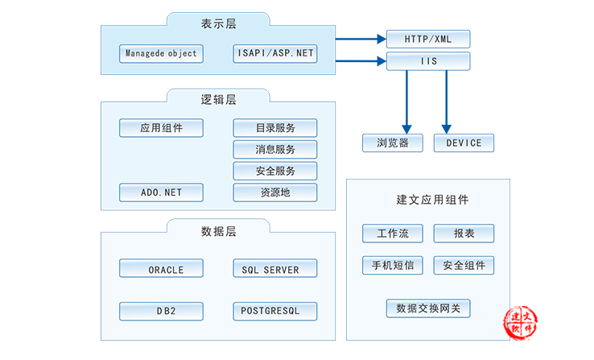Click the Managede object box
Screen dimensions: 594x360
[x=162, y=53]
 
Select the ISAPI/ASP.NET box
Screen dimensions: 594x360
[x=275, y=53]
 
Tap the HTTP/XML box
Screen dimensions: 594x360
[x=428, y=39]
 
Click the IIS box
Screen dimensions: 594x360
[x=428, y=61]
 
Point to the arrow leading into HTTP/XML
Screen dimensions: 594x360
[x=361, y=39]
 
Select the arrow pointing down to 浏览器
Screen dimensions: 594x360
[x=406, y=102]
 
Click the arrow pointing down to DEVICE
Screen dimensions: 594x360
[x=447, y=102]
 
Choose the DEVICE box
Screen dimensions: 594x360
[x=464, y=143]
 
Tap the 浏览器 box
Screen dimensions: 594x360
[x=393, y=143]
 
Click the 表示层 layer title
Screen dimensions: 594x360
[x=219, y=24]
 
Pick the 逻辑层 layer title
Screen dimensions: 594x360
[x=219, y=100]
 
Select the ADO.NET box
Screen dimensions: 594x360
[x=162, y=192]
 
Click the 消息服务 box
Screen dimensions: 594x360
[x=275, y=149]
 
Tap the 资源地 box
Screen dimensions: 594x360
[x=275, y=192]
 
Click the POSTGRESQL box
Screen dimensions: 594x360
[x=275, y=312]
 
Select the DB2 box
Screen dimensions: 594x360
[x=162, y=312]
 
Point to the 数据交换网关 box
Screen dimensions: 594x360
[x=428, y=308]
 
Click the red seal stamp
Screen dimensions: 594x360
[x=521, y=323]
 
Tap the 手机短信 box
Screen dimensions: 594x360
[x=393, y=265]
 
